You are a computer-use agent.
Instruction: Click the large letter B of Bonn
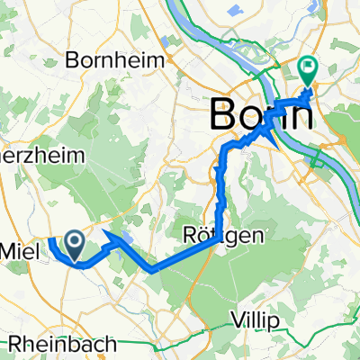pos(225,116)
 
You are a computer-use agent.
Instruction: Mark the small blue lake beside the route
pos(126,236)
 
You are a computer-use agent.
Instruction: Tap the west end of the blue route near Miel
pos(50,239)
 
